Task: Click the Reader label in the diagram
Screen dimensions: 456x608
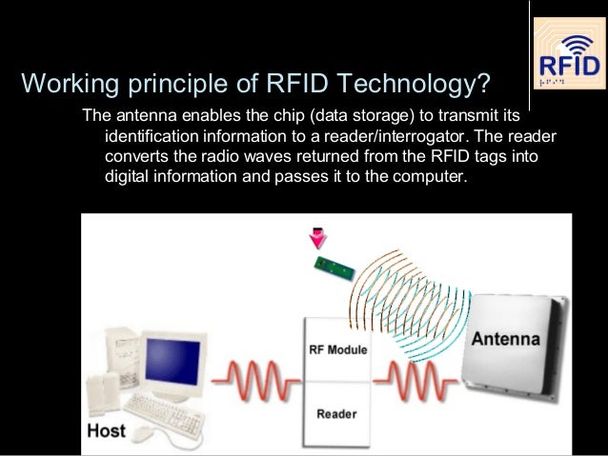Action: pyautogui.click(x=335, y=414)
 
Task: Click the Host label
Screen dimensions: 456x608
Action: pyautogui.click(x=106, y=431)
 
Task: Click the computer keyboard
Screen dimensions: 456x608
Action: pyautogui.click(x=161, y=409)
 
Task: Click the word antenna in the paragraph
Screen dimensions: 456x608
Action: pyautogui.click(x=144, y=115)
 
